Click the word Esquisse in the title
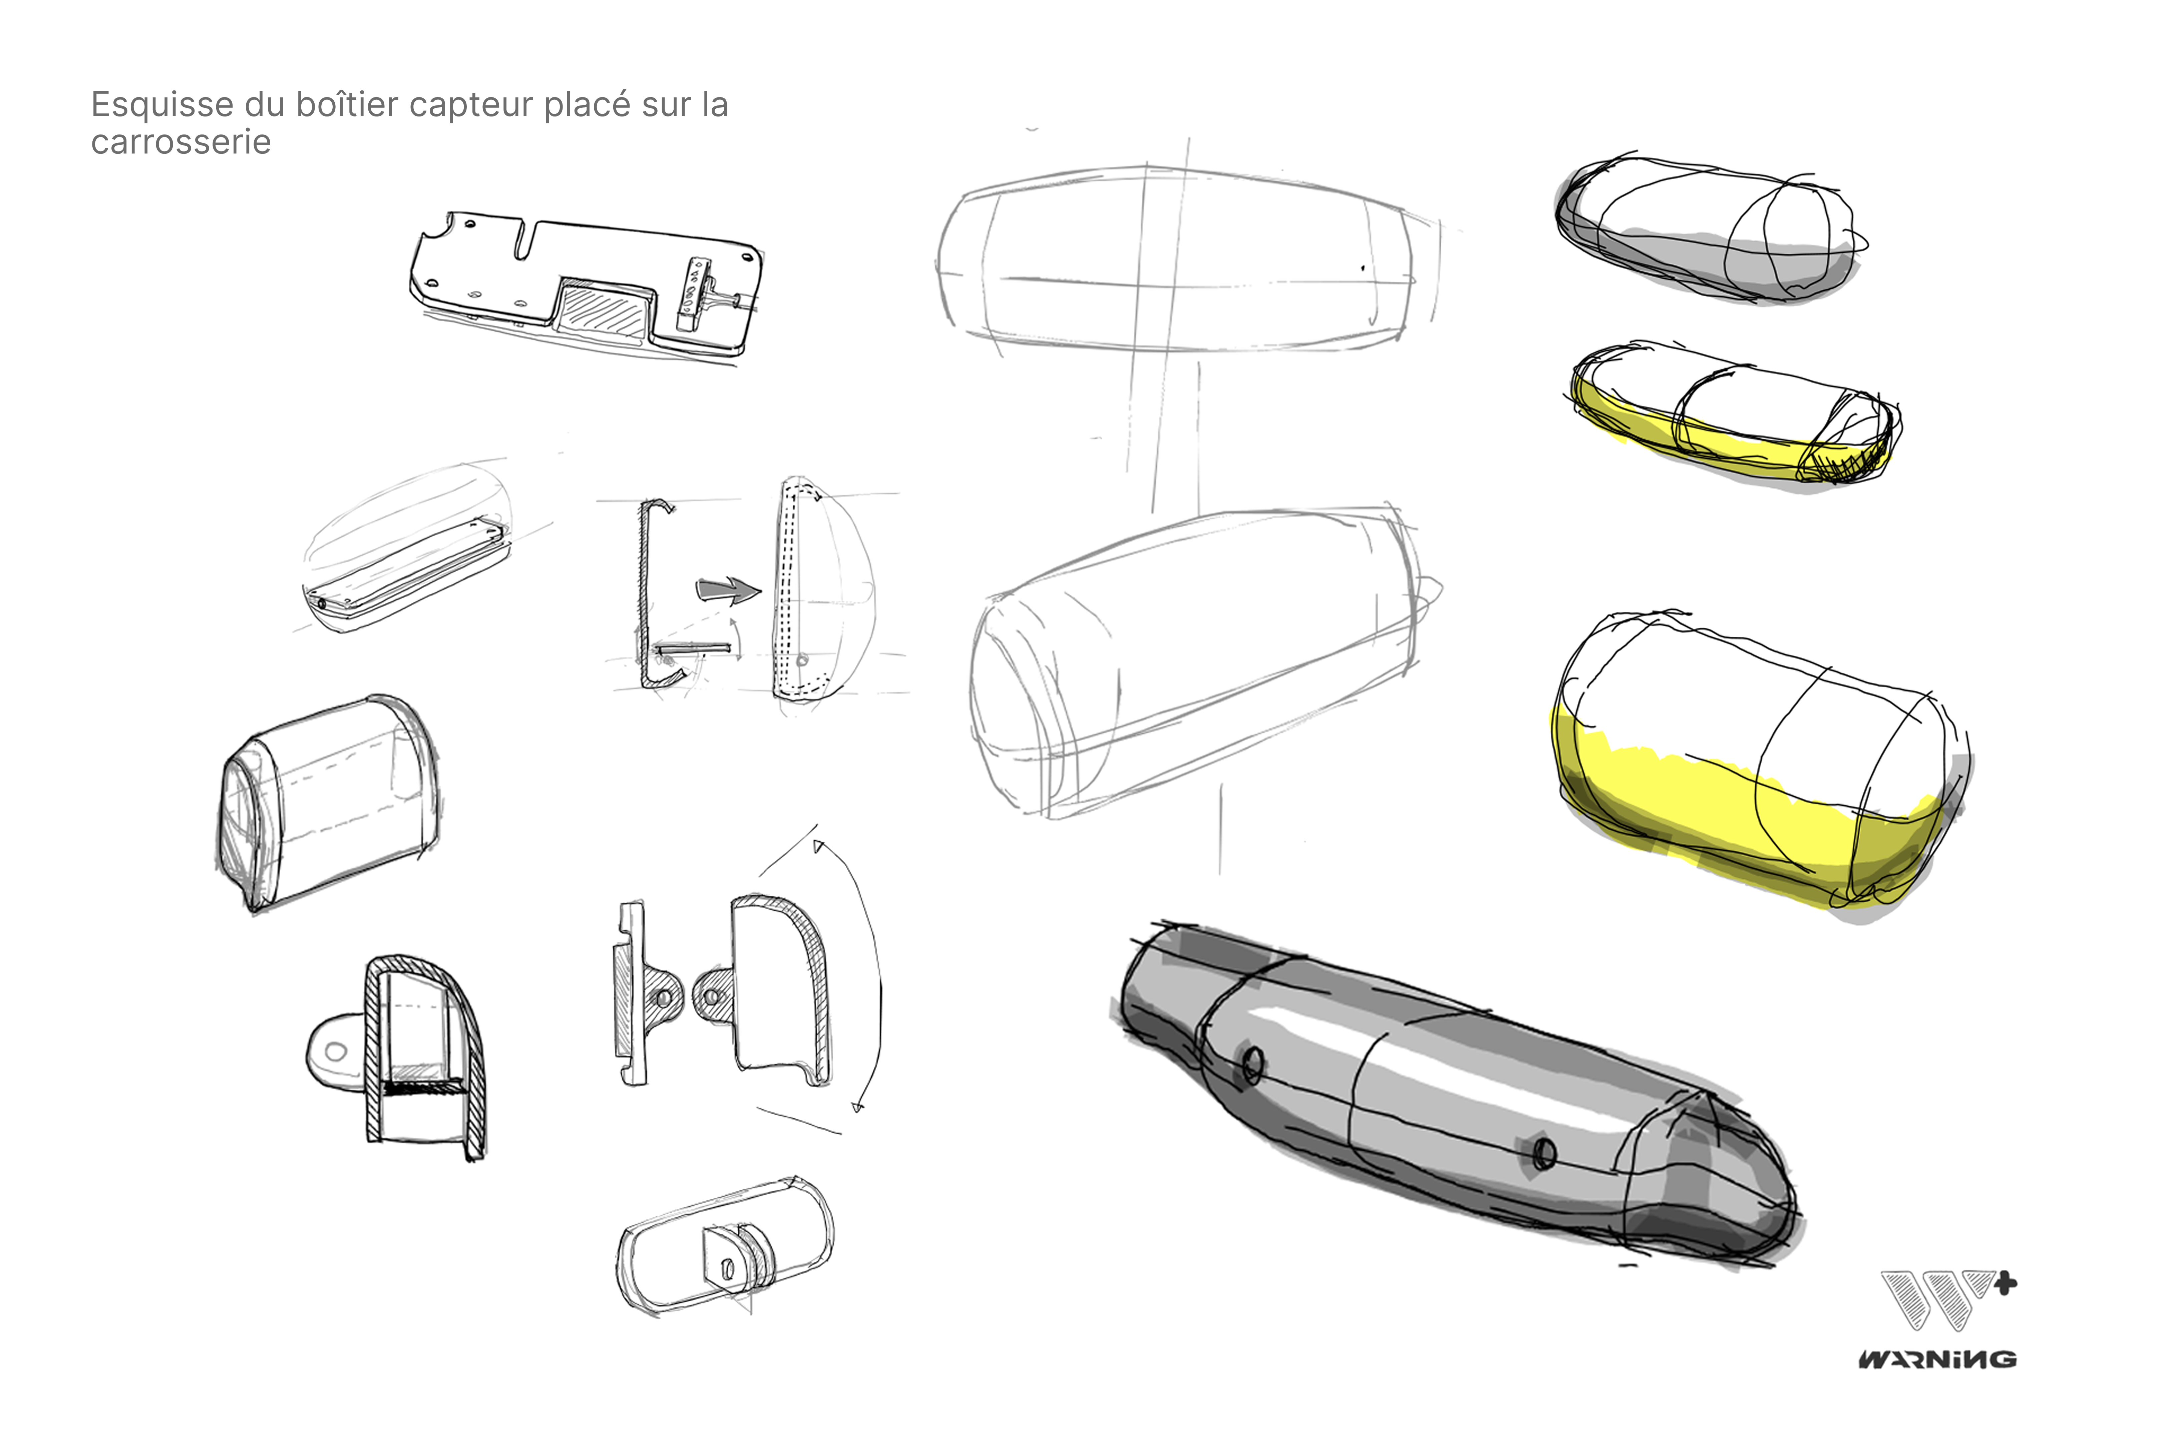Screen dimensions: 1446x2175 [x=161, y=105]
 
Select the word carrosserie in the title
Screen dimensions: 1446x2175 [x=181, y=143]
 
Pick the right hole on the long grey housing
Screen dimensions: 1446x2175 [x=1545, y=1153]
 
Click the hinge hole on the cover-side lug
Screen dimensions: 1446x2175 [x=711, y=997]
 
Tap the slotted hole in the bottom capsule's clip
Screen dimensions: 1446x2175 [x=727, y=1270]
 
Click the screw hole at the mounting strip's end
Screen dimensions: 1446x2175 [x=322, y=604]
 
